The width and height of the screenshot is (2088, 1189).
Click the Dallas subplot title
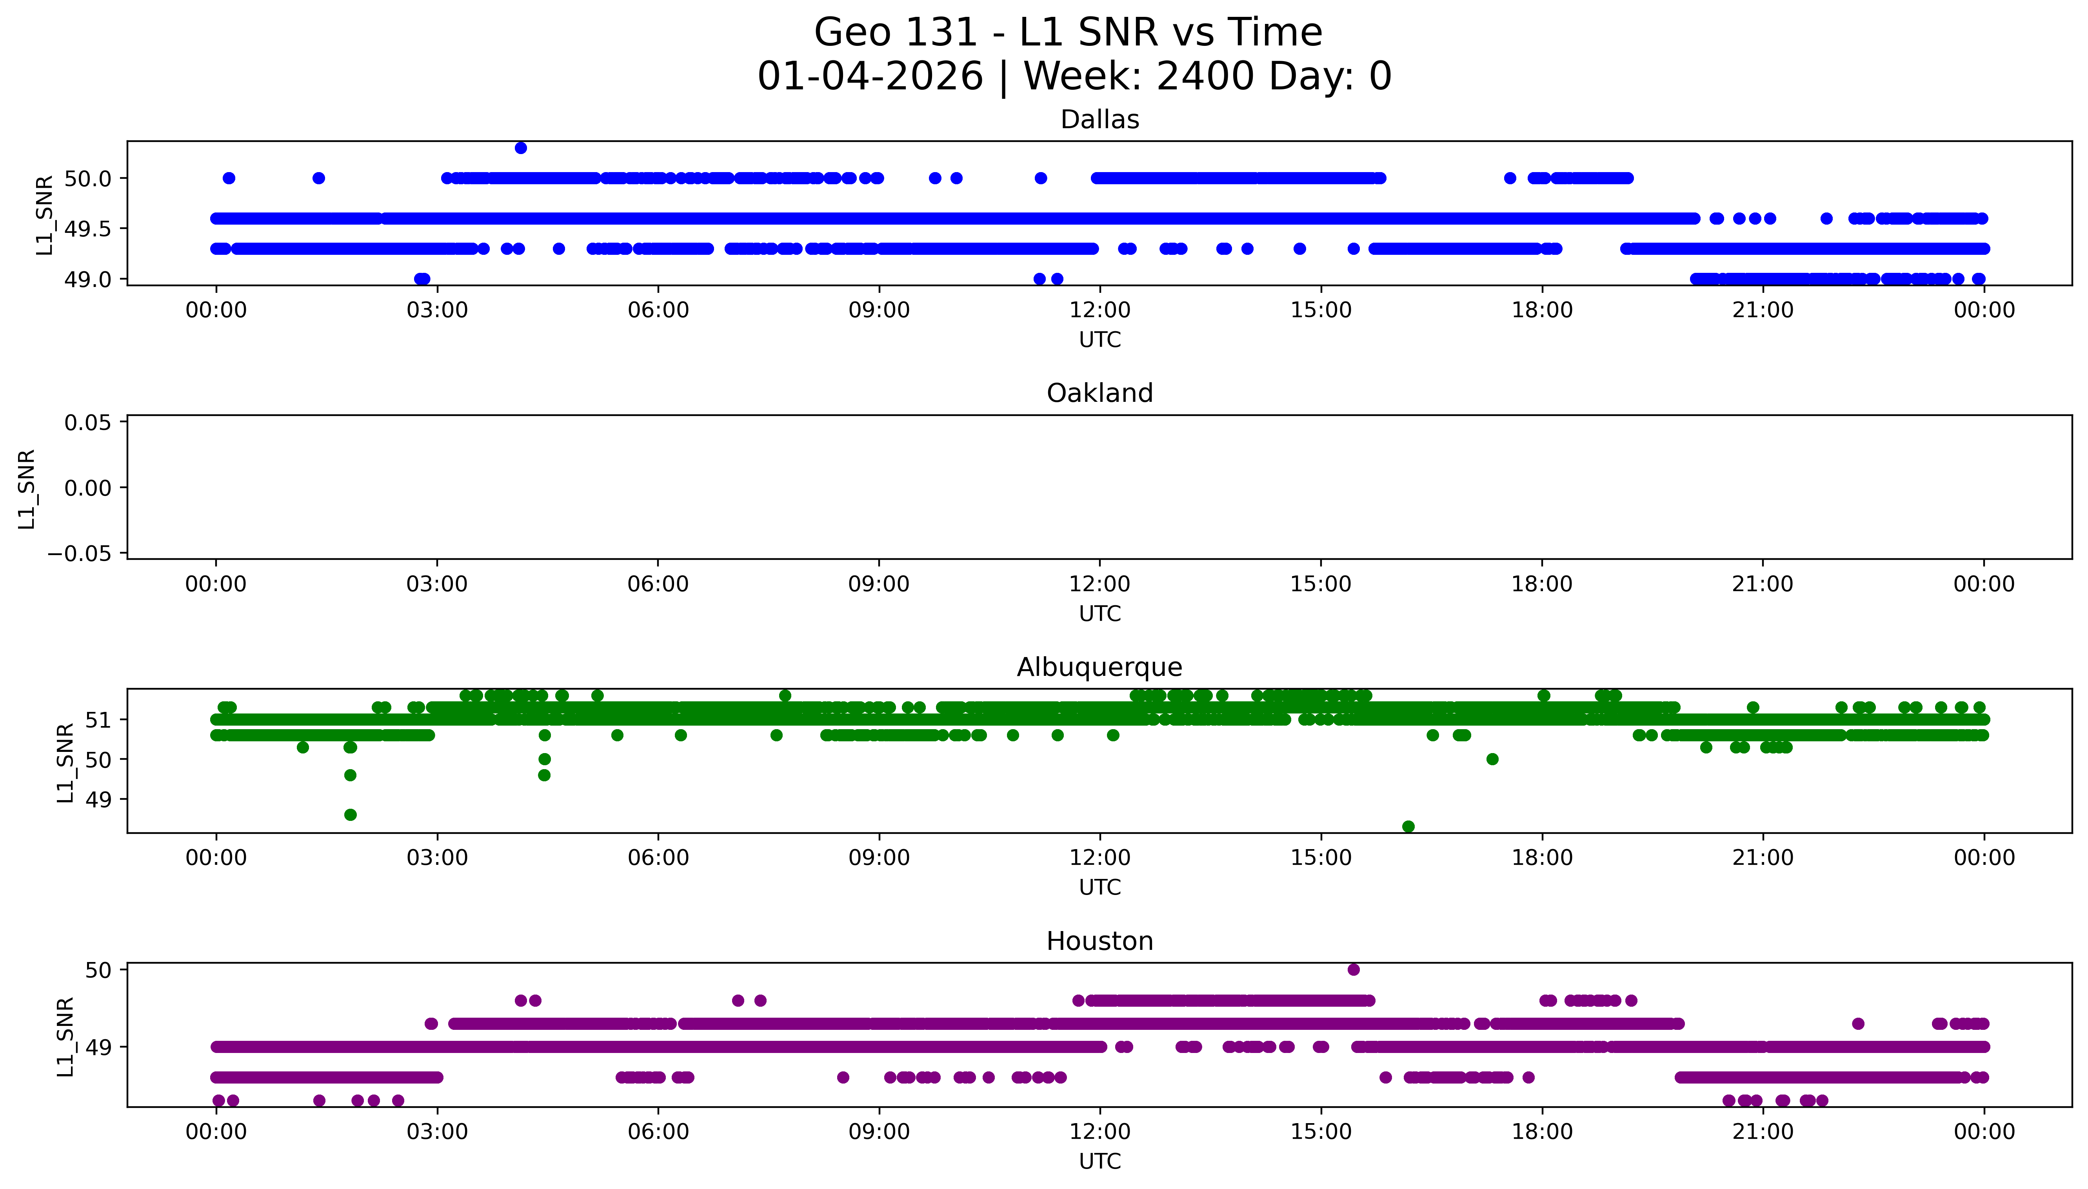click(1099, 120)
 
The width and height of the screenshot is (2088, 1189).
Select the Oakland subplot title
click(1099, 394)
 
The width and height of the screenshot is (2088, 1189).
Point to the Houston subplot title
click(1099, 942)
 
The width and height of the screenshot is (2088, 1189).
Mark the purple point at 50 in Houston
click(1353, 969)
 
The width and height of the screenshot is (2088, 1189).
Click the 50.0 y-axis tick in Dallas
click(87, 178)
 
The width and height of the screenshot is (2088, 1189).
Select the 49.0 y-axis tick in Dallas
click(87, 279)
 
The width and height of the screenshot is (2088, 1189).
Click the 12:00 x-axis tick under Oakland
click(1099, 584)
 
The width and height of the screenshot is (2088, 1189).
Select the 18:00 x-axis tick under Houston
click(1542, 1132)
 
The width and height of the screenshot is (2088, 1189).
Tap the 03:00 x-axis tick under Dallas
click(437, 310)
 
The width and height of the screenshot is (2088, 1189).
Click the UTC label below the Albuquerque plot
click(1099, 888)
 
